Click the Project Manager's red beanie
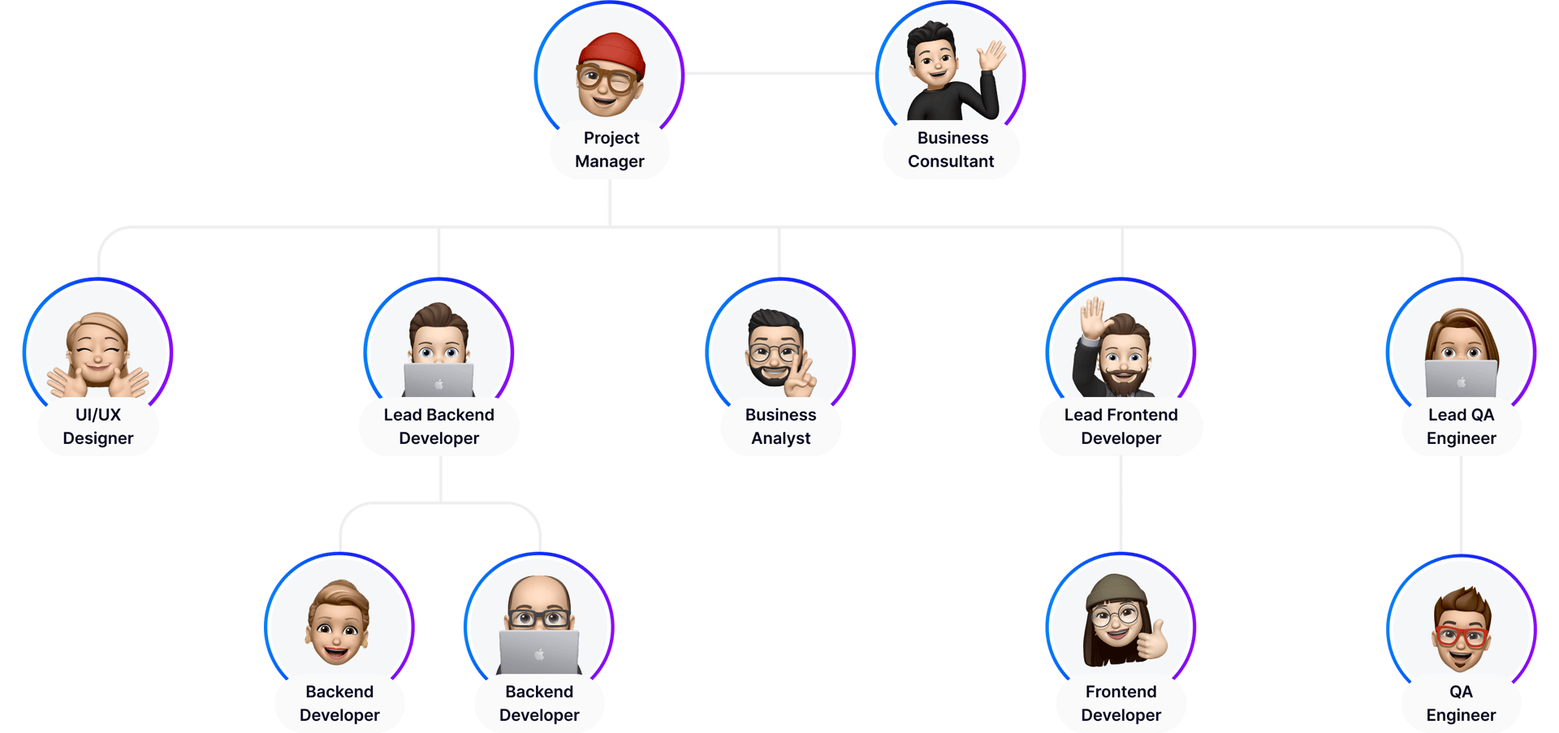(x=611, y=52)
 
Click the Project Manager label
(x=610, y=150)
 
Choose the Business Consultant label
(x=951, y=150)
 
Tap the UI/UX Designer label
(x=98, y=427)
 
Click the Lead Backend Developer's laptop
(x=438, y=380)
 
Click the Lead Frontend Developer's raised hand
(x=1093, y=317)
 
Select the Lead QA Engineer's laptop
(x=1461, y=379)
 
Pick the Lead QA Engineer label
(x=1461, y=427)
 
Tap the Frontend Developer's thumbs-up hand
(x=1152, y=641)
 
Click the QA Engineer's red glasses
(x=1461, y=636)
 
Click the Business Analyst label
(x=780, y=427)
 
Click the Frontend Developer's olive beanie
(x=1117, y=591)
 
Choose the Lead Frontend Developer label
(x=1121, y=427)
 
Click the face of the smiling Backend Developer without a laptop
(x=338, y=630)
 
